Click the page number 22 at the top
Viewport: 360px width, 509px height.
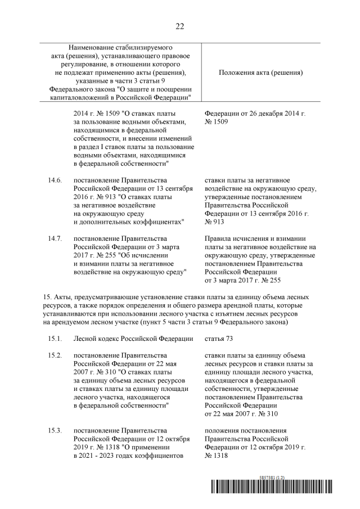click(x=180, y=26)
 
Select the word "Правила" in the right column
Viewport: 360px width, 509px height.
click(x=217, y=238)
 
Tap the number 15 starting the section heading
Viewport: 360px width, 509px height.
click(x=47, y=296)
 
